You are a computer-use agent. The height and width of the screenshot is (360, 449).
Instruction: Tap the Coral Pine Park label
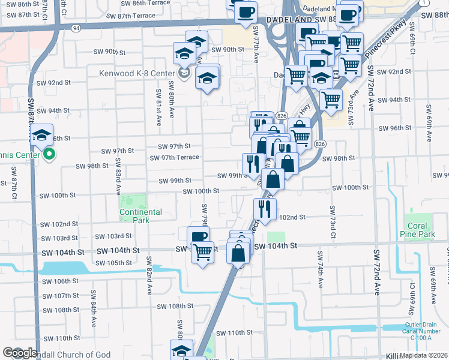pos(417,230)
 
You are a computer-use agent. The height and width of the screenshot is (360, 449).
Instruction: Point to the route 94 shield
pos(76,28)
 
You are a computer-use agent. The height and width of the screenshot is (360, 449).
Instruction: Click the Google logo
pos(20,353)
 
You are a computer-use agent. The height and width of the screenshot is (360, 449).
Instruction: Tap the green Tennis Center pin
pos(50,155)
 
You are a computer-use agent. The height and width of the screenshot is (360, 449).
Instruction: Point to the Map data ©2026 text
pos(424,355)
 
